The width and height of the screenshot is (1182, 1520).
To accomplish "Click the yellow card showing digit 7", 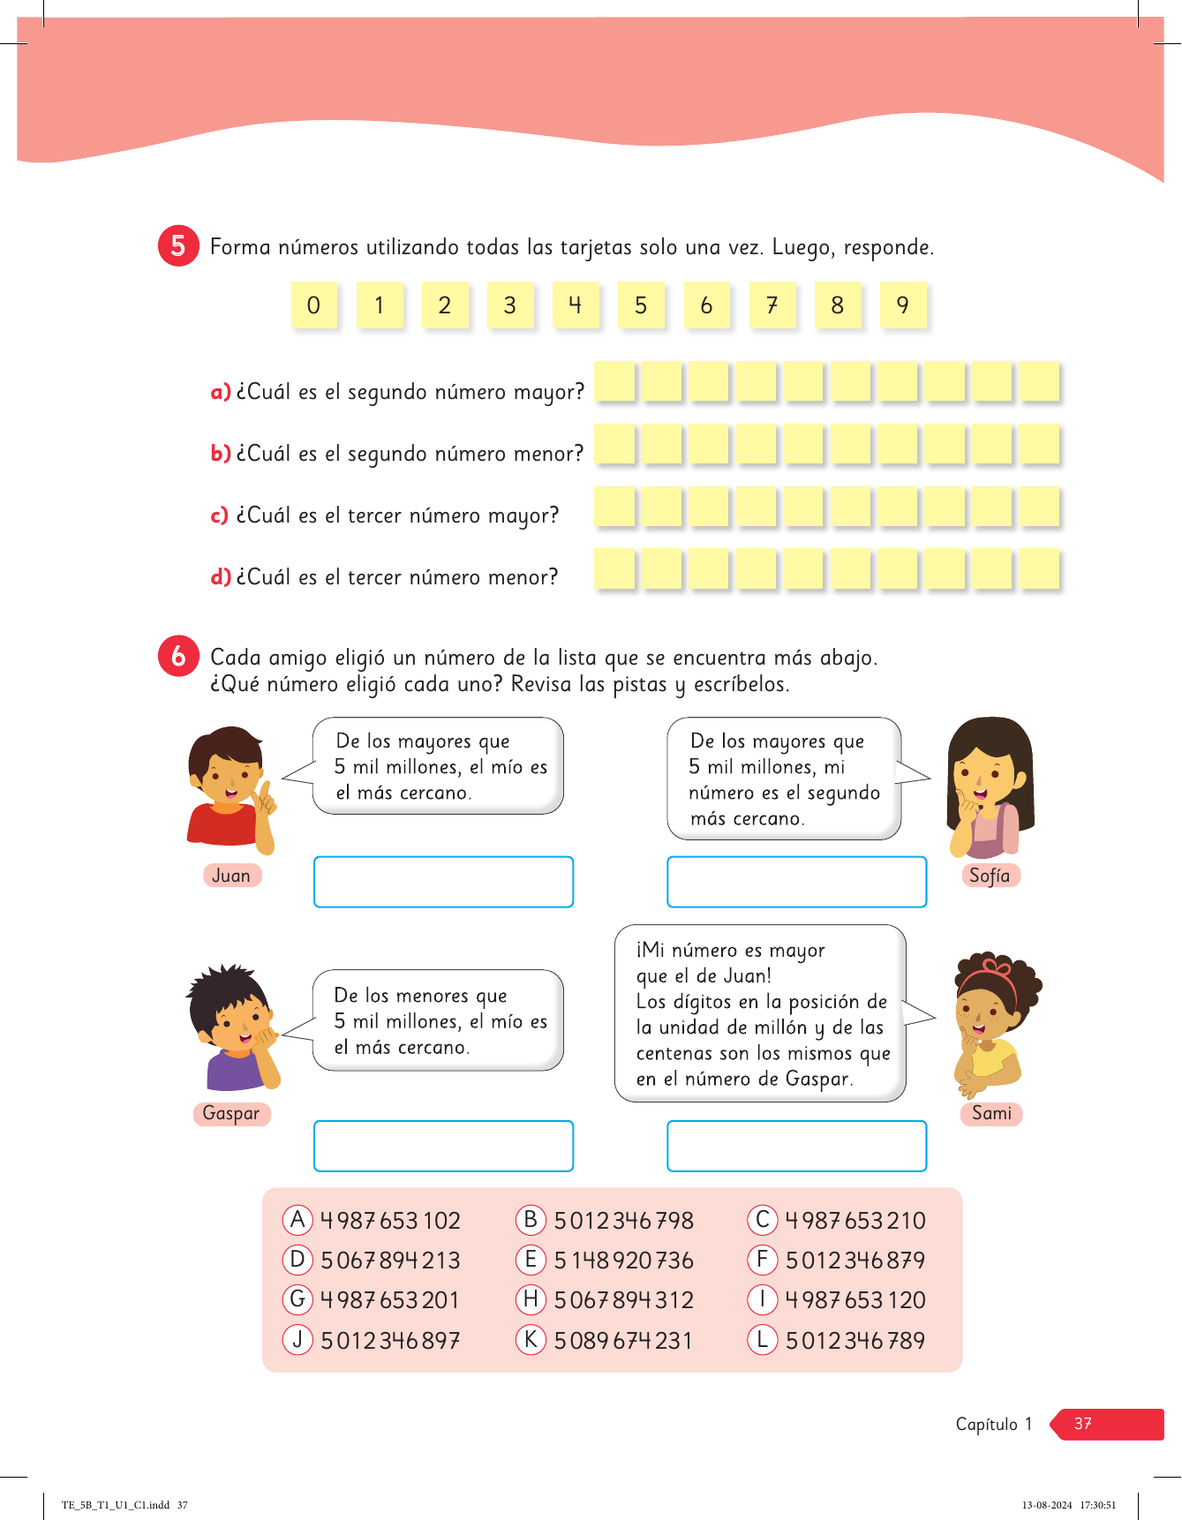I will pyautogui.click(x=772, y=305).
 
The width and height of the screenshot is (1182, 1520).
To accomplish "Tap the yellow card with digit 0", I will pyautogui.click(x=313, y=305).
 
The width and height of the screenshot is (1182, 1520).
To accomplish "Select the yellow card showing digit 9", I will pyautogui.click(x=903, y=305).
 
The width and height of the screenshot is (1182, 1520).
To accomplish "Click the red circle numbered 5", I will pyautogui.click(x=178, y=245).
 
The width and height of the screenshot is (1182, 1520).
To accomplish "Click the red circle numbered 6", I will pyautogui.click(x=178, y=656).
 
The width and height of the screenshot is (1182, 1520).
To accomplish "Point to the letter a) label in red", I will pyautogui.click(x=220, y=392).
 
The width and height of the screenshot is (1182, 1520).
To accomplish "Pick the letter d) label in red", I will pyautogui.click(x=220, y=577).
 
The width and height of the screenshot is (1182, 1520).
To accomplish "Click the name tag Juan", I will pyautogui.click(x=231, y=876).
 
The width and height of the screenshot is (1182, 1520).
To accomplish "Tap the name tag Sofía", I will pyautogui.click(x=990, y=876).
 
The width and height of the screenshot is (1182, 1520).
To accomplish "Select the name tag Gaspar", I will pyautogui.click(x=231, y=1113).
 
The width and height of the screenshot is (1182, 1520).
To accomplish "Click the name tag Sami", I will pyautogui.click(x=991, y=1113).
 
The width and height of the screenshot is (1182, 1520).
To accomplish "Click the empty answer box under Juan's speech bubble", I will pyautogui.click(x=443, y=882).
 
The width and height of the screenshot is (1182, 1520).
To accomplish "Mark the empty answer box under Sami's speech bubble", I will pyautogui.click(x=796, y=1146).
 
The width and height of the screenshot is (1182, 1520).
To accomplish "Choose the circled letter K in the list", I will pyautogui.click(x=531, y=1340).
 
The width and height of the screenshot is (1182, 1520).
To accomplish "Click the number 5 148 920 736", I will pyautogui.click(x=623, y=1260).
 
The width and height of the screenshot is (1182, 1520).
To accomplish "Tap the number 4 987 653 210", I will pyautogui.click(x=855, y=1221).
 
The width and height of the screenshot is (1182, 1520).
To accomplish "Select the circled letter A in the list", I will pyautogui.click(x=297, y=1220).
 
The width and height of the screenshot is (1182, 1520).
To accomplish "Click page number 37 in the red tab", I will pyautogui.click(x=1083, y=1424).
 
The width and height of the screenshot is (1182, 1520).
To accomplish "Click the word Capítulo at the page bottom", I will pyautogui.click(x=986, y=1424).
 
